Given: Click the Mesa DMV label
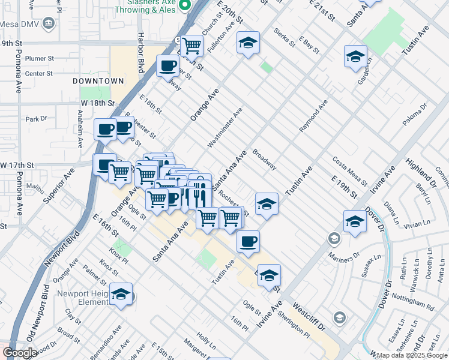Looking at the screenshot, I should (x=20, y=24).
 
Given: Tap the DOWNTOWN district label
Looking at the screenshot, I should (x=98, y=80).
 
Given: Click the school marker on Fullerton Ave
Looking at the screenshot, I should (x=248, y=43).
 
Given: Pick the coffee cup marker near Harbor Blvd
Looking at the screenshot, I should (x=167, y=65).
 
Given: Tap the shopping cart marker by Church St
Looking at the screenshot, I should (x=192, y=45).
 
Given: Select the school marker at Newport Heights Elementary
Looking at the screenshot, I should (x=121, y=294).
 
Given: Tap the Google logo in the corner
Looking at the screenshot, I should (x=20, y=353).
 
